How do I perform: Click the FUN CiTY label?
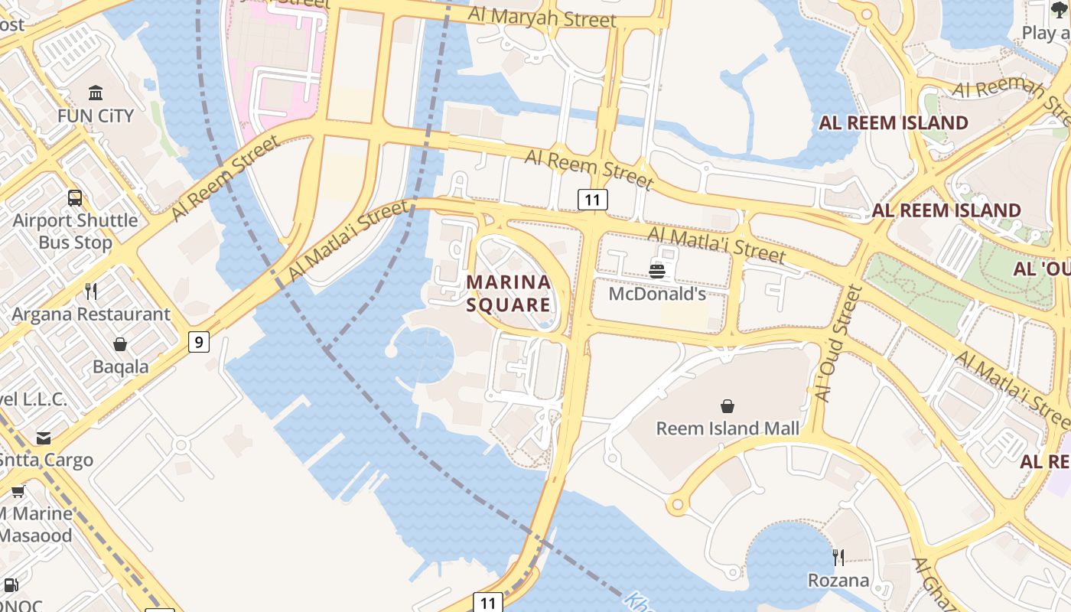(96, 116)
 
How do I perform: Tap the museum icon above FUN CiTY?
(96, 93)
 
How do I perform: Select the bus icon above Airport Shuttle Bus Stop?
(75, 198)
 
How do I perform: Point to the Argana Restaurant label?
(91, 314)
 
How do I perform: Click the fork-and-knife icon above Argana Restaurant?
(91, 291)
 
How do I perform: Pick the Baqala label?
(121, 366)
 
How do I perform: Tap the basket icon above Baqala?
(120, 344)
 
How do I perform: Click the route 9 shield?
(199, 342)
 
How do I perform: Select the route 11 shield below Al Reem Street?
(592, 200)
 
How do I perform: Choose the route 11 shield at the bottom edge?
(488, 602)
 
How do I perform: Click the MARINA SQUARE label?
(509, 294)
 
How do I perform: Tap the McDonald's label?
(657, 294)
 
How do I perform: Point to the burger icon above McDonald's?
(657, 271)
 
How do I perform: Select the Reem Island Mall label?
(728, 428)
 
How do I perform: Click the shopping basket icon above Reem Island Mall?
(728, 406)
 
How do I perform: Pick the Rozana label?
(838, 581)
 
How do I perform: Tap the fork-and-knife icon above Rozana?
(838, 558)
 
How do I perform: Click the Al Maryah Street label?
(542, 17)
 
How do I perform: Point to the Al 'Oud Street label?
(838, 344)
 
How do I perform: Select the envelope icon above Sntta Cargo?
(44, 438)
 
